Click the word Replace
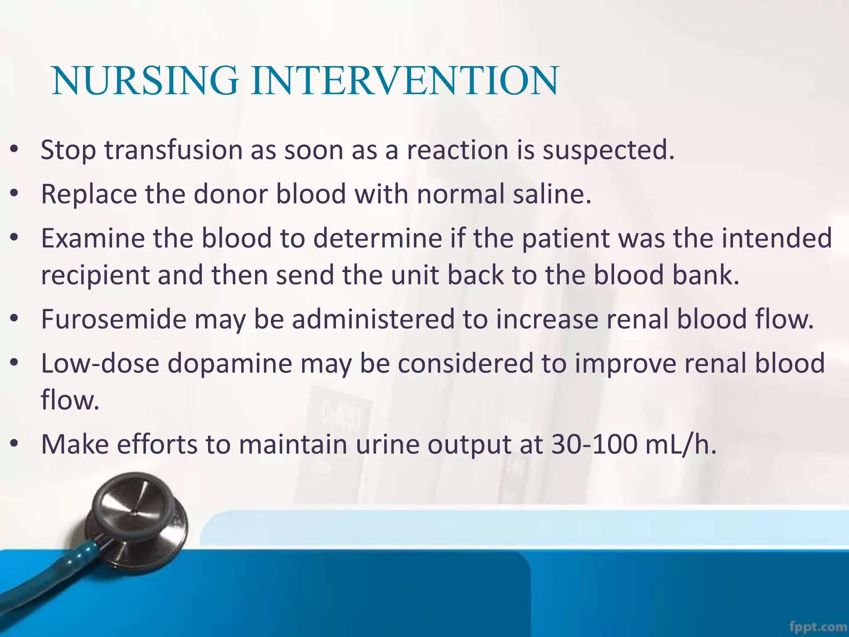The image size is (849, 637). pyautogui.click(x=89, y=194)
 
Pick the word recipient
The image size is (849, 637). pyautogui.click(x=95, y=275)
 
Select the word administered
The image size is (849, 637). pyautogui.click(x=373, y=319)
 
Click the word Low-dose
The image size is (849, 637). pyautogui.click(x=100, y=363)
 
